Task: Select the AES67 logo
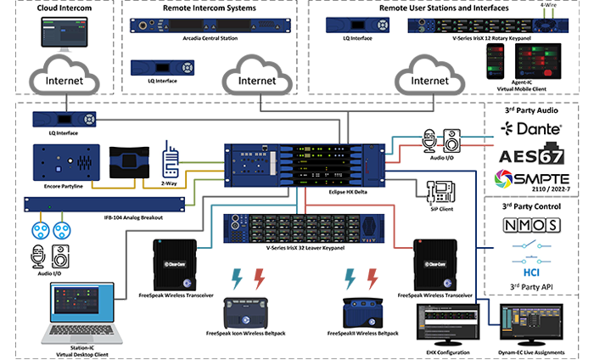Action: [x=531, y=155]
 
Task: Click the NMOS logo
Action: [x=530, y=225]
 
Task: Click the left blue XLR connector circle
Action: [x=38, y=229]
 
